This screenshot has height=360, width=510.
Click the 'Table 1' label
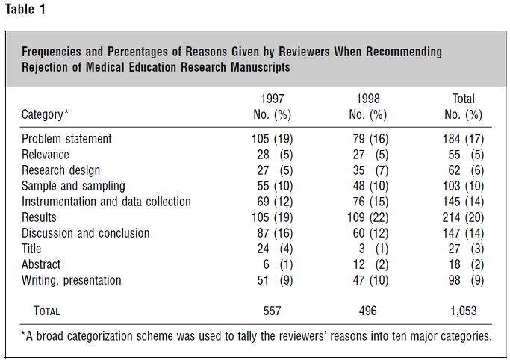click(25, 9)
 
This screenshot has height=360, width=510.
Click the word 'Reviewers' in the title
click(304, 52)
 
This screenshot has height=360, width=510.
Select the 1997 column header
click(273, 99)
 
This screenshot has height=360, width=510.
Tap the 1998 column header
click(368, 99)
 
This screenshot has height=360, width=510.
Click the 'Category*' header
click(45, 115)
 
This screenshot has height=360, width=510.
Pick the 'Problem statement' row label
click(66, 139)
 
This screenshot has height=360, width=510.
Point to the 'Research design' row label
click(60, 170)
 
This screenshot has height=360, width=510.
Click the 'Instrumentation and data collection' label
click(106, 202)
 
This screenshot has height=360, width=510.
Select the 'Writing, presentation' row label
click(71, 280)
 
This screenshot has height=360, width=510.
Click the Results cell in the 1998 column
click(368, 217)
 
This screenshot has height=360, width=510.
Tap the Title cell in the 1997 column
click(275, 249)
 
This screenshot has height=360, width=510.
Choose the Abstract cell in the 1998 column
click(370, 264)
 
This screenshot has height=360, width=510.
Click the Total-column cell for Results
click(463, 217)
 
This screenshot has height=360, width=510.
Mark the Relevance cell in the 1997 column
click(275, 155)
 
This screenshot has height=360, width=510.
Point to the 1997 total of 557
click(273, 311)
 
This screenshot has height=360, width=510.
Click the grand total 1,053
click(464, 311)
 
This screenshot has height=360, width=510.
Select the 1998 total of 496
click(368, 311)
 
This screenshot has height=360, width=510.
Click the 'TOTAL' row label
click(46, 311)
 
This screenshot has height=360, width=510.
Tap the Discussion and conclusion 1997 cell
click(275, 233)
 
